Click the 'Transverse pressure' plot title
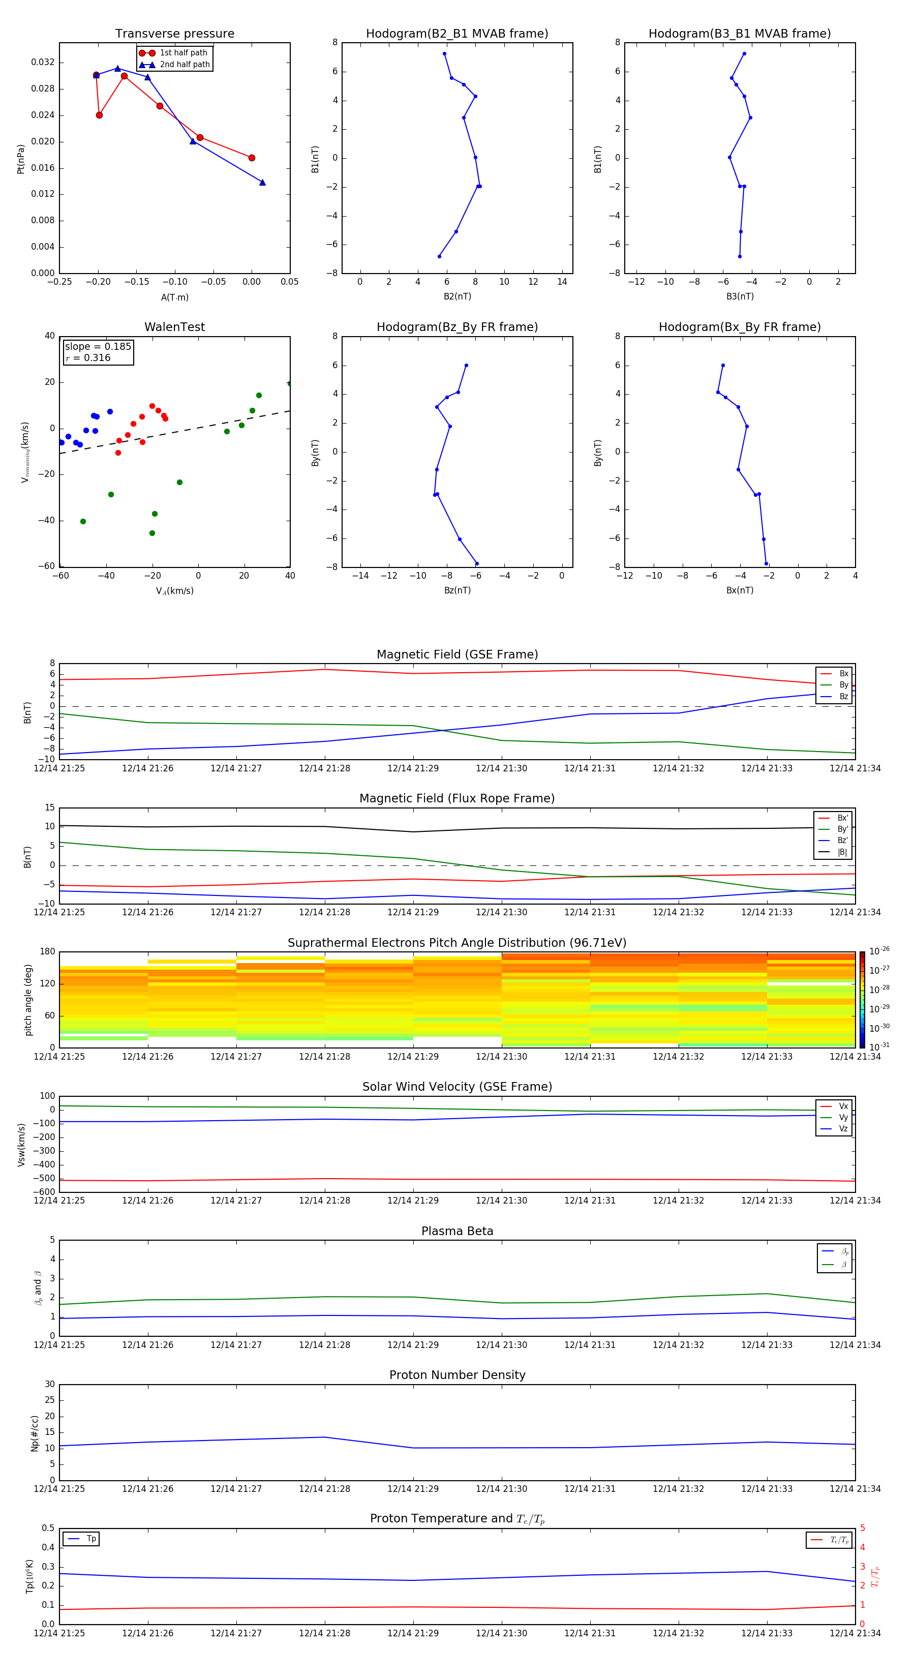(x=174, y=34)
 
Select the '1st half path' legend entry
(x=183, y=53)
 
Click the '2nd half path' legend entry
(x=185, y=65)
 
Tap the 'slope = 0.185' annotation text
(x=98, y=347)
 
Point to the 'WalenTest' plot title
(x=174, y=327)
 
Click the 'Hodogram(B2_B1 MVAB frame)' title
(x=456, y=34)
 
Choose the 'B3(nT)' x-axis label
(x=740, y=296)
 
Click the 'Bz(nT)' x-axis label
(x=457, y=590)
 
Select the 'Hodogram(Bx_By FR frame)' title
(x=739, y=327)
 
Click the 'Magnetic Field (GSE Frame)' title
(x=457, y=654)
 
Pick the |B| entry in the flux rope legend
(x=842, y=852)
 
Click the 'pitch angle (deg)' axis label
(x=28, y=999)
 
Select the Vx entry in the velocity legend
(x=843, y=1106)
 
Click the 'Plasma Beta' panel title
(x=457, y=1231)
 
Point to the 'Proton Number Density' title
(x=457, y=1375)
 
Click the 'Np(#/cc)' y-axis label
(x=35, y=1432)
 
